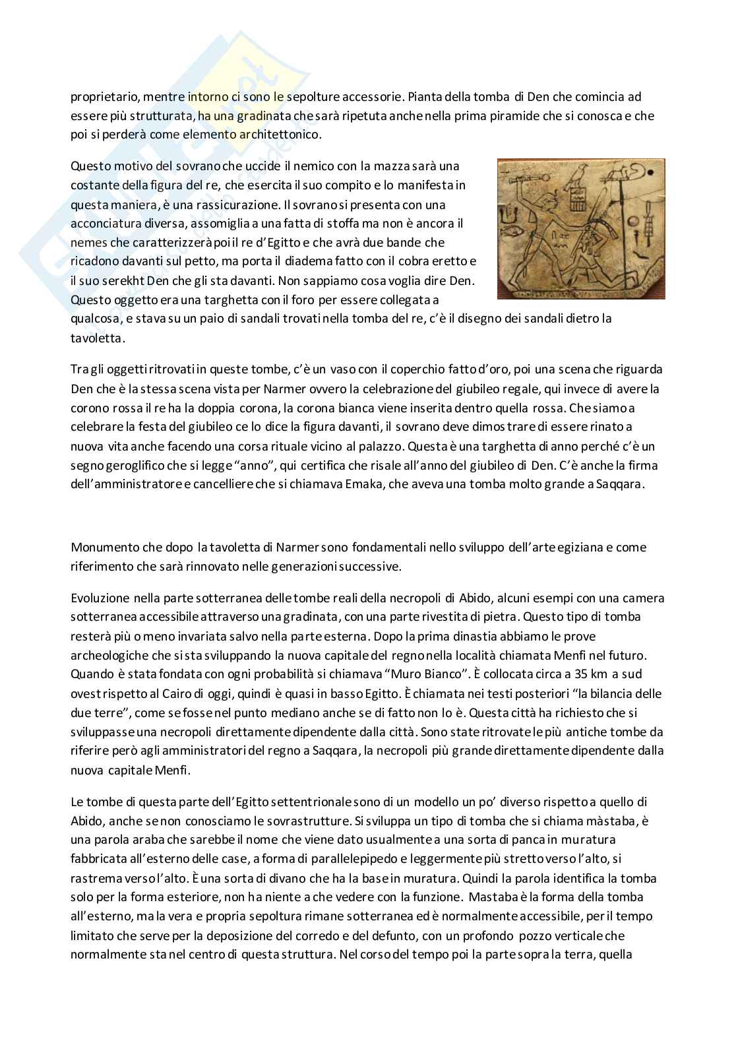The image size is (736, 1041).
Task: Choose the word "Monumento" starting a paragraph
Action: tap(104, 547)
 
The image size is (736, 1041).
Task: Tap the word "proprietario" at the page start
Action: tap(103, 96)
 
